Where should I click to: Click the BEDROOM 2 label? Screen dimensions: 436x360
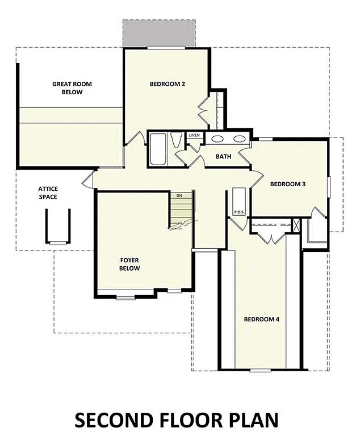click(x=168, y=84)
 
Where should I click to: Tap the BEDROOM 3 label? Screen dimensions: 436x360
click(x=288, y=183)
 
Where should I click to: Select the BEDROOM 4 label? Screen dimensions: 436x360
click(x=261, y=319)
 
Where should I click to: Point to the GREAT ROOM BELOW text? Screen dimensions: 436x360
click(x=72, y=88)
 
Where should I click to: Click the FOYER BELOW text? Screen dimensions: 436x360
click(x=129, y=264)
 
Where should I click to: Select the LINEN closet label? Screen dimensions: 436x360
click(x=194, y=136)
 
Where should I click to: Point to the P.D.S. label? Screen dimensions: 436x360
click(x=239, y=212)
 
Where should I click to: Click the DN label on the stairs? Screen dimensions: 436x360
click(x=179, y=195)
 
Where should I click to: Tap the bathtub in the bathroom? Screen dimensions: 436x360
click(x=157, y=149)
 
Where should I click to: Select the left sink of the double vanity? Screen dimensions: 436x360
click(x=217, y=138)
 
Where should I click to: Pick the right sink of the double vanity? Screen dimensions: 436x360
click(x=239, y=138)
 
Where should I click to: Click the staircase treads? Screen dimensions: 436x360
click(x=182, y=213)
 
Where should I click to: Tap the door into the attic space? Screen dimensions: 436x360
click(x=86, y=181)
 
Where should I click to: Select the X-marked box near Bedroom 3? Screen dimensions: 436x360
click(x=296, y=224)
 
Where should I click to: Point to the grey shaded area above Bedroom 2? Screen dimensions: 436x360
click(x=159, y=33)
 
